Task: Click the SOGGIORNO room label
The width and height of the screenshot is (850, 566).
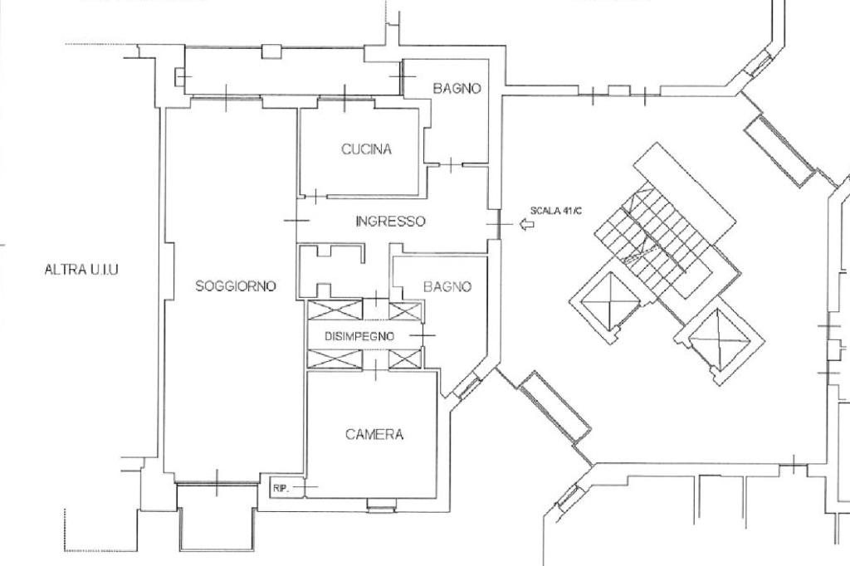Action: (x=235, y=285)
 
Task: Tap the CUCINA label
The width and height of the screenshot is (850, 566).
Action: (x=366, y=149)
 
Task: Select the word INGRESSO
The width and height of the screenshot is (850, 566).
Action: (x=390, y=222)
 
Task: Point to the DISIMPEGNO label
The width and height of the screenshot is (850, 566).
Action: (x=359, y=337)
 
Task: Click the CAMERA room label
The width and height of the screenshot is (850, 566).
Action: (x=374, y=434)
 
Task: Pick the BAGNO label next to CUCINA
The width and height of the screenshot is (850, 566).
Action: (x=457, y=88)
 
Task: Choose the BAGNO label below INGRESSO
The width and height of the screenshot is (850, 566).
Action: (x=447, y=286)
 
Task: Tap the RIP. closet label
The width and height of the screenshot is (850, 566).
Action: (x=281, y=489)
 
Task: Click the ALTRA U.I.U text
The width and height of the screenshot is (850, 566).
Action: (x=81, y=270)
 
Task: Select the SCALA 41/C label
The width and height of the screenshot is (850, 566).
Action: (x=555, y=210)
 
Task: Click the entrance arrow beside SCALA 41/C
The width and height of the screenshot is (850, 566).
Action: (x=526, y=223)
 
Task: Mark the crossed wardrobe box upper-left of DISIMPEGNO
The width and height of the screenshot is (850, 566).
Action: (x=335, y=310)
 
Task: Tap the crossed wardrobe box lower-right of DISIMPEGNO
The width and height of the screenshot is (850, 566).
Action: (x=405, y=359)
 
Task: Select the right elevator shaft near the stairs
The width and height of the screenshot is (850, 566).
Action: (x=720, y=339)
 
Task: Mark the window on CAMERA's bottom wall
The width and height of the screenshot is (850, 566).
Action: (x=382, y=505)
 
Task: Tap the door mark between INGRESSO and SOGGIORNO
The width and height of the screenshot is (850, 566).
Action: (x=296, y=220)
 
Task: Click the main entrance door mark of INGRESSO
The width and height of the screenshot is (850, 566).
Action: (x=499, y=224)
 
